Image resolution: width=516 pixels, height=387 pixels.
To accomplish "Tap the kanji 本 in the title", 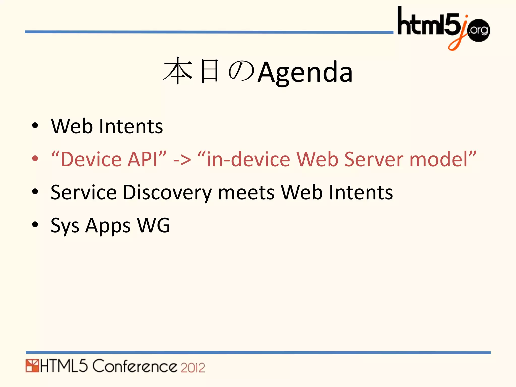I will tap(178, 71).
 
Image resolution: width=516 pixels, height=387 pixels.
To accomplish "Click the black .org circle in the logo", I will tap(478, 30).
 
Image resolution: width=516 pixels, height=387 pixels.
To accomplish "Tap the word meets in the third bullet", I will tap(246, 193).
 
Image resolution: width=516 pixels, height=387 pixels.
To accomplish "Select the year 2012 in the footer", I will tap(193, 368).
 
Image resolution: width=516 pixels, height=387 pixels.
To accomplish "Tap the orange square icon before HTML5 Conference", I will tap(32, 366).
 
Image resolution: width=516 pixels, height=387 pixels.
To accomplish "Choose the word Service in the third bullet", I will tap(83, 193).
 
